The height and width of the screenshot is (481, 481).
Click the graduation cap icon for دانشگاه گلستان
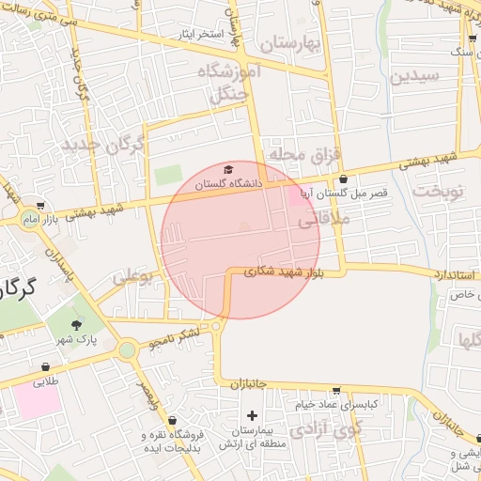click(229, 167)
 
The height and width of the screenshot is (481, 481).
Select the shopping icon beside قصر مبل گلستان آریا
click(343, 178)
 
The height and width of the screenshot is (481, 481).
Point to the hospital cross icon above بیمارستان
click(252, 415)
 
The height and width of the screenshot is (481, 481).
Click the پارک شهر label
click(82, 340)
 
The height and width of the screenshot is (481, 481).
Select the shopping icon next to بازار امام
click(39, 205)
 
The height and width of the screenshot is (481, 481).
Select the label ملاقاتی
click(322, 222)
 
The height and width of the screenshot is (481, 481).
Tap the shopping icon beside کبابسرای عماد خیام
click(336, 391)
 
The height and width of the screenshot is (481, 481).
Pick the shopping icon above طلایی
click(45, 367)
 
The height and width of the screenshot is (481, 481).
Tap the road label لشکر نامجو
click(174, 336)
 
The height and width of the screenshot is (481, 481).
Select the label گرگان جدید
click(103, 147)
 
